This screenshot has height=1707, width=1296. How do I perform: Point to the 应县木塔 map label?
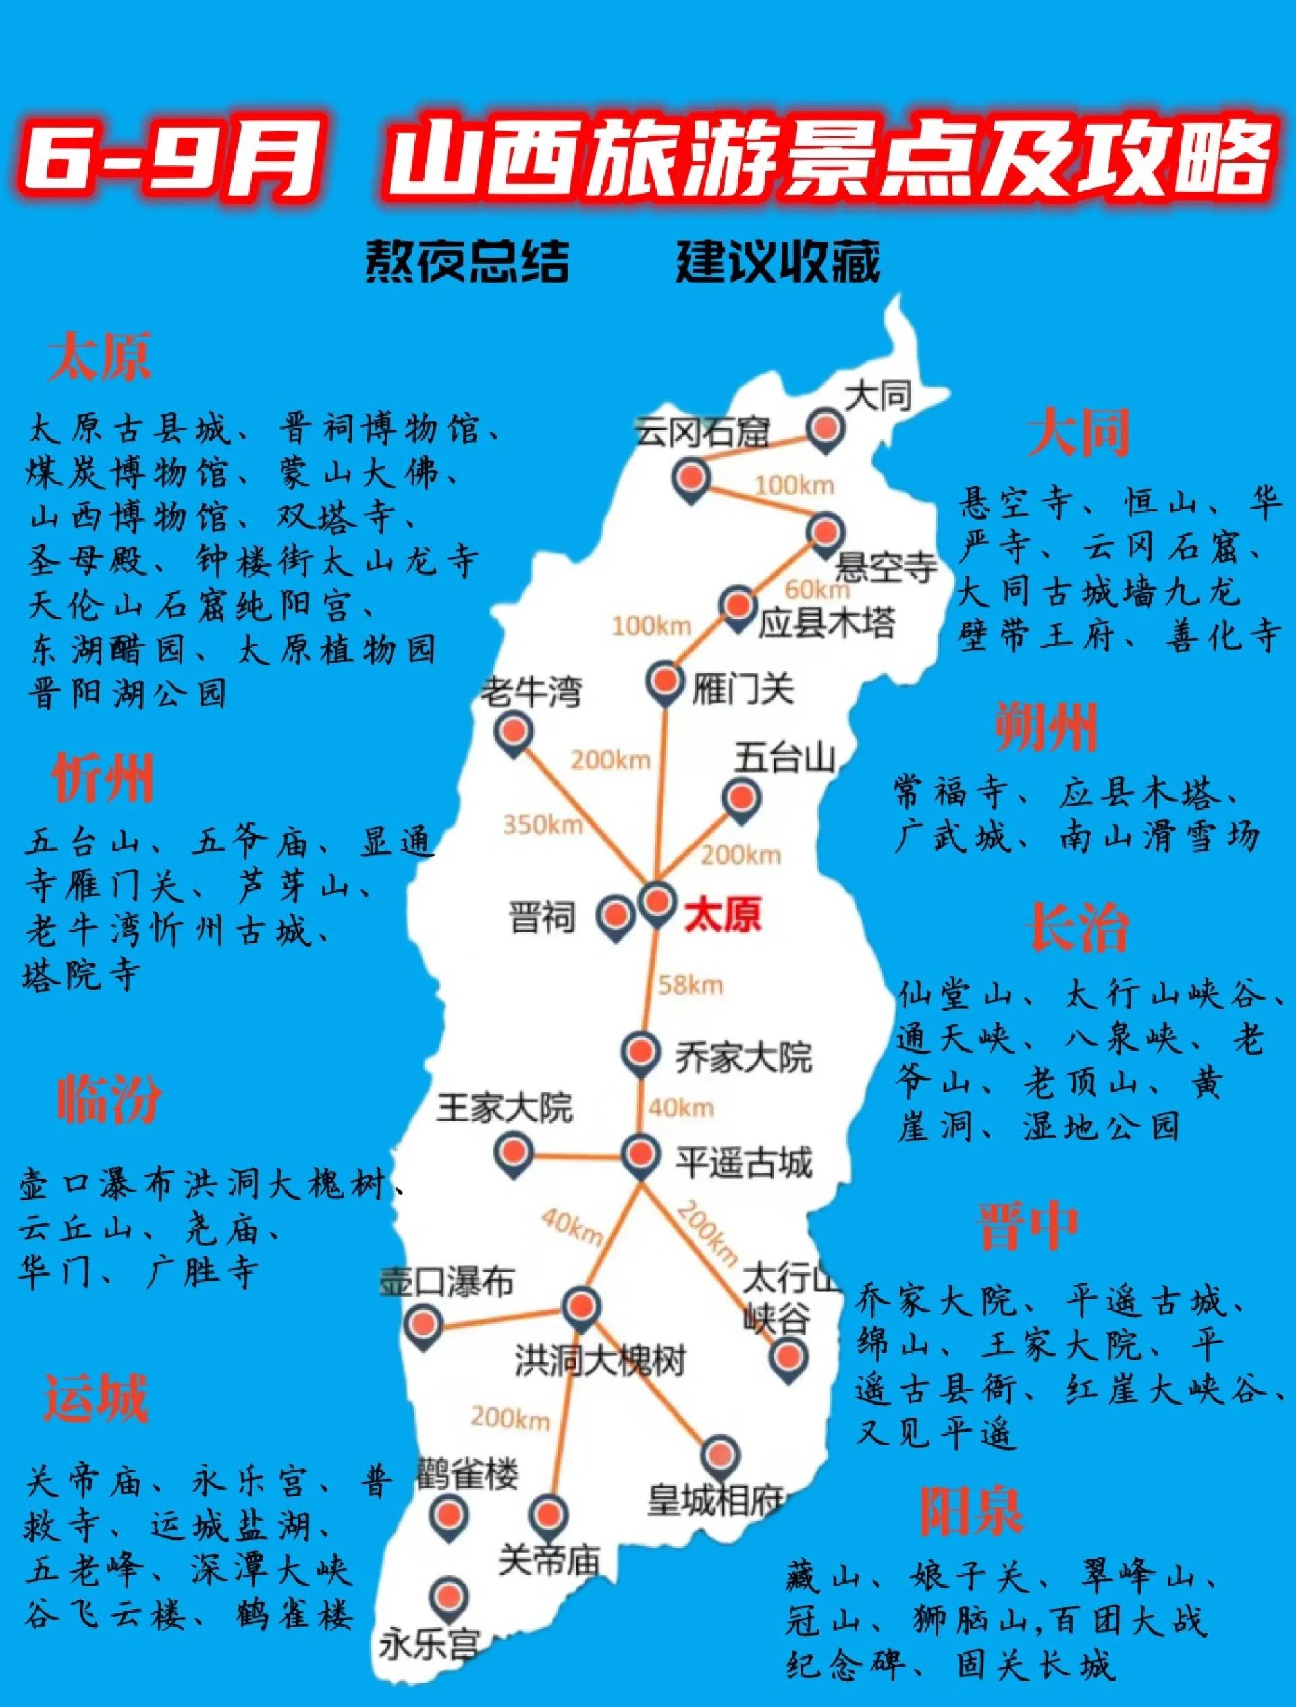click(826, 623)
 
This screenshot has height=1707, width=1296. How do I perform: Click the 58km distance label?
click(690, 984)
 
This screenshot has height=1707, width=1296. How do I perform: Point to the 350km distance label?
click(542, 825)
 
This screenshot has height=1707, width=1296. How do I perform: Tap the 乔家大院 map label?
click(743, 1057)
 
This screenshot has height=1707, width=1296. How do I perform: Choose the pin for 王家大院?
click(513, 1153)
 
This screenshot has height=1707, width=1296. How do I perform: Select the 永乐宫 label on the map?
click(429, 1644)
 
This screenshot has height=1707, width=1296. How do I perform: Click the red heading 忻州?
click(103, 777)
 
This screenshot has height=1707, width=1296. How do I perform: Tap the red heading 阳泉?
click(970, 1510)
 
